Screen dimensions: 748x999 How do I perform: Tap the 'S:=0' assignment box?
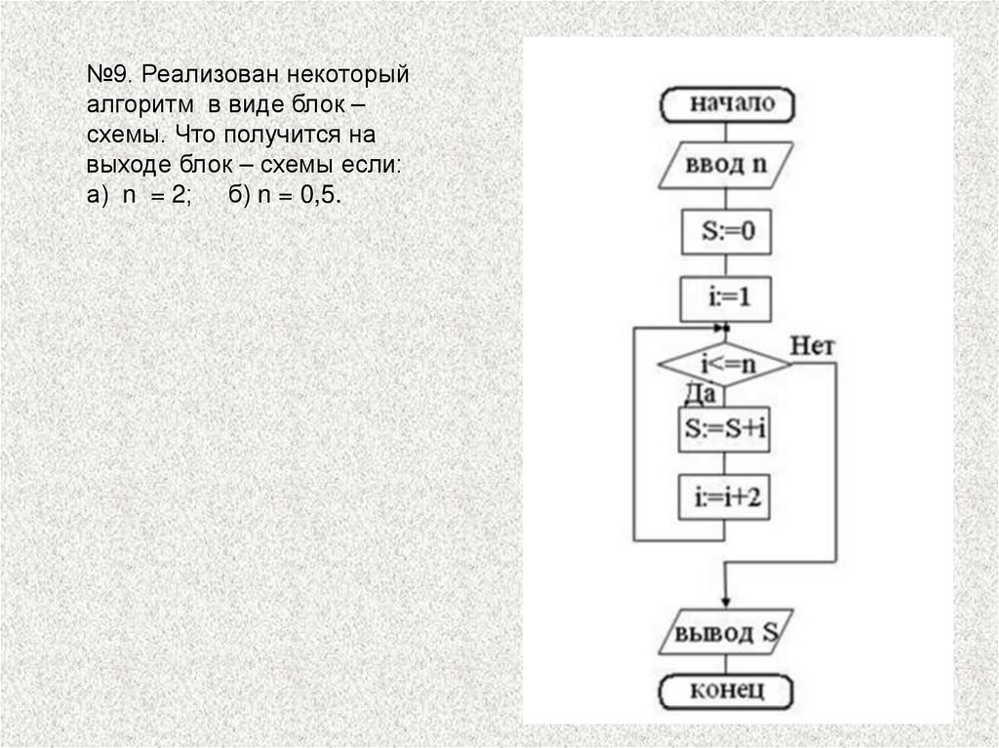[x=725, y=233]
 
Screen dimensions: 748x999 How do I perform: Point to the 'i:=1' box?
[x=725, y=298]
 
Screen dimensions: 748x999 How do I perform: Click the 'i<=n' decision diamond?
[x=725, y=366]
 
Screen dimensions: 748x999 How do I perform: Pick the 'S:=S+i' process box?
[x=725, y=430]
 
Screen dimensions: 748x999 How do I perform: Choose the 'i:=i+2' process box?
[x=725, y=497]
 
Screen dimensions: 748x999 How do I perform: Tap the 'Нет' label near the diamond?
[x=812, y=345]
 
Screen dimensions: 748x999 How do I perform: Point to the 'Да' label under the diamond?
[x=700, y=394]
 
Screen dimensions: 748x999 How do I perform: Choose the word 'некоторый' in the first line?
[x=358, y=77]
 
